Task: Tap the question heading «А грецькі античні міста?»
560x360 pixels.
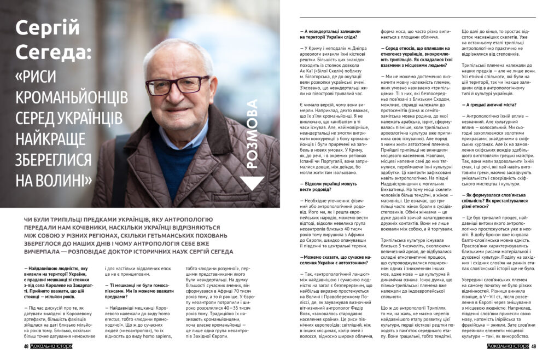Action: (486, 104)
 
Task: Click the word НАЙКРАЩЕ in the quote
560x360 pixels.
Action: (55, 139)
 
